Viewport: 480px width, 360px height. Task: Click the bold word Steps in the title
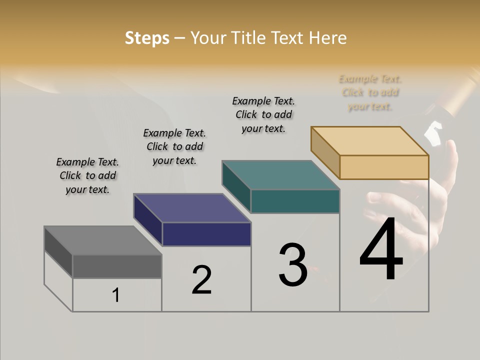[x=147, y=38]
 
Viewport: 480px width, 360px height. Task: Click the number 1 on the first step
[x=115, y=295]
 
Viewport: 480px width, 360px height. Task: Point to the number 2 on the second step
[x=201, y=280]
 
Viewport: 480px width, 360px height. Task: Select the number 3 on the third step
[x=293, y=265]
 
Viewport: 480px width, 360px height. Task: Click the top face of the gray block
[x=102, y=240]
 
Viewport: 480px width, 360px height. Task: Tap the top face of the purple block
[x=192, y=208]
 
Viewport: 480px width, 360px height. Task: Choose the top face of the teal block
[x=280, y=175]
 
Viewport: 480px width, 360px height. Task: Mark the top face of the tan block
[x=369, y=141]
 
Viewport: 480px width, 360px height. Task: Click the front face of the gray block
[x=117, y=266]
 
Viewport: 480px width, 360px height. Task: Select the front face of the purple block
[x=206, y=234]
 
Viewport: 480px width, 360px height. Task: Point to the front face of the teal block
[x=295, y=201]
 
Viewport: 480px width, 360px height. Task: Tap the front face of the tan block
[x=384, y=167]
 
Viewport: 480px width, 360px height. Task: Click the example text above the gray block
[x=87, y=175]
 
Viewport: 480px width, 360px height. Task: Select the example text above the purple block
[x=174, y=146]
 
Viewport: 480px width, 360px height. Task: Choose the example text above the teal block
[x=263, y=114]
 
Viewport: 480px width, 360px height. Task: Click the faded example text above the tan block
[x=370, y=92]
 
